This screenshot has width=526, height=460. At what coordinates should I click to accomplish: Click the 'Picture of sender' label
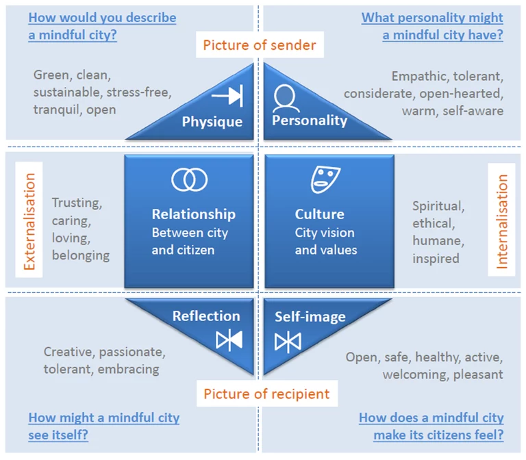click(x=259, y=46)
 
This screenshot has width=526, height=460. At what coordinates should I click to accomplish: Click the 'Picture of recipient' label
click(x=266, y=394)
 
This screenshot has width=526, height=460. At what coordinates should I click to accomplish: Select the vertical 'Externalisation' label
click(x=29, y=220)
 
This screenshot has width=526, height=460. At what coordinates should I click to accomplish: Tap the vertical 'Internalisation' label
click(x=502, y=220)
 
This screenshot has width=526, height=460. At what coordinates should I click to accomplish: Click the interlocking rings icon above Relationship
click(x=189, y=179)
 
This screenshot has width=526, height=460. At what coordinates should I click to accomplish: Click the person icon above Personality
click(x=286, y=99)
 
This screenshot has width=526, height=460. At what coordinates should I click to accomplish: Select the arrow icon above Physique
click(x=227, y=97)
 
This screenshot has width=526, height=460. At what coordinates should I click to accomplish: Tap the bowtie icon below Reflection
click(x=229, y=340)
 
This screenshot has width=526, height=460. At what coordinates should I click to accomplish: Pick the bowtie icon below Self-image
click(x=288, y=341)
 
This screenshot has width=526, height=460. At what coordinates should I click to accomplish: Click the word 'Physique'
click(x=212, y=122)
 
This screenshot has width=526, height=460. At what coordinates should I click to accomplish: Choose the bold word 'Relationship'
click(x=193, y=214)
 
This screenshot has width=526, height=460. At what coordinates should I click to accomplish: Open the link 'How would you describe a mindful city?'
click(x=102, y=26)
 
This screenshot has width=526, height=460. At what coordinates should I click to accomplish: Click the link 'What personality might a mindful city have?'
click(x=433, y=26)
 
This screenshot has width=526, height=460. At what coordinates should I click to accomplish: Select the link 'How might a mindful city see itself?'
click(x=103, y=426)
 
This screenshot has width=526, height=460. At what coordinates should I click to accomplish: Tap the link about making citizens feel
click(x=431, y=426)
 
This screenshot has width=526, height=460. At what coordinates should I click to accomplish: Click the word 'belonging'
click(x=80, y=255)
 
